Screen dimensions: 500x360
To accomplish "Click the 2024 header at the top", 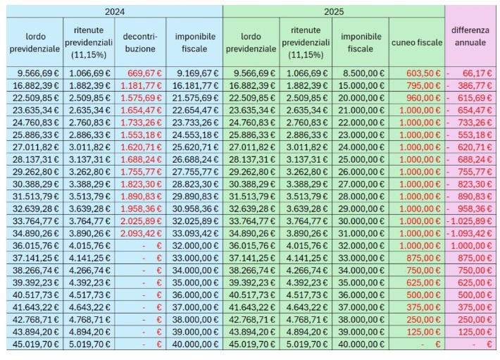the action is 115,12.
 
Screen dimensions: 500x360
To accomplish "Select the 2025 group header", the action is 334,12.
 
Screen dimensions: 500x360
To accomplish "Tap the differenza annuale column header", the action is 470,37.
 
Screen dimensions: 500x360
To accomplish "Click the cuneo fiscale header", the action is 417,42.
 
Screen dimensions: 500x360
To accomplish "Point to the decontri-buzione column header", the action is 140,42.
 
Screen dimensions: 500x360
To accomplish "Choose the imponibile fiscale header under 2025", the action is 361,42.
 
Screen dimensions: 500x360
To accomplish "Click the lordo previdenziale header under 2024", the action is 35,42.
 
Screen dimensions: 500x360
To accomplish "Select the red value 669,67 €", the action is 144,73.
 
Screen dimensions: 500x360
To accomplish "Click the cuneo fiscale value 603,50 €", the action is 423,73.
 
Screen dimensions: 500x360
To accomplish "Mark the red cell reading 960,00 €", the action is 423,98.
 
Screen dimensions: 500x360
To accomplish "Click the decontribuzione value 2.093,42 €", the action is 141,233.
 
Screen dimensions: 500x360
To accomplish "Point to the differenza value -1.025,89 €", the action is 470,221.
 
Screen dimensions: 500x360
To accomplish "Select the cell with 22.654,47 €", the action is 196,111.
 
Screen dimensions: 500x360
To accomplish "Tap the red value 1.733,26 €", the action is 141,123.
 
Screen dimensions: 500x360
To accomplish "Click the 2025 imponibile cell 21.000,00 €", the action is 361,111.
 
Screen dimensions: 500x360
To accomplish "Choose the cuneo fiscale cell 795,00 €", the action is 423,86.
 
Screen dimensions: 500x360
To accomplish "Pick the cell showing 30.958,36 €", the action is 196,209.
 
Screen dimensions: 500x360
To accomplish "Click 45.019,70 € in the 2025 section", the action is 252,345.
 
